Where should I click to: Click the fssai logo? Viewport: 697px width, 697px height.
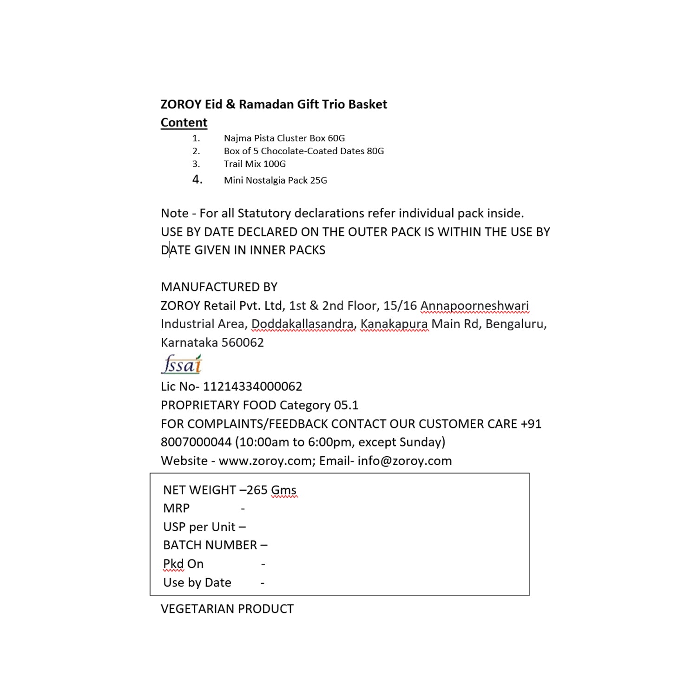182,365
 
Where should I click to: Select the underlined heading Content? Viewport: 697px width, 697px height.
184,123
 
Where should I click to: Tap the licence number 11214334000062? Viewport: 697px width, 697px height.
252,387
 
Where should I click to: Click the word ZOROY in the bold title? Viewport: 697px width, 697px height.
181,104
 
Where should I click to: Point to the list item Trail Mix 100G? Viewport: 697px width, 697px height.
255,164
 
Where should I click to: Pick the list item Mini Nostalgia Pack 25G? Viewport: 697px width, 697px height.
275,180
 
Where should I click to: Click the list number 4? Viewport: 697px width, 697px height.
197,179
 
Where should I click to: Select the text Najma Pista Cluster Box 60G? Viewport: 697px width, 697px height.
284,138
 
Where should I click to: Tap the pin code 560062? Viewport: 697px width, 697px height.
243,342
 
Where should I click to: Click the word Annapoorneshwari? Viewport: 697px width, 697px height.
474,306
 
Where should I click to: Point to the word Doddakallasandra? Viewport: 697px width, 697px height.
303,324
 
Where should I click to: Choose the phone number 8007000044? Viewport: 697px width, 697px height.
196,442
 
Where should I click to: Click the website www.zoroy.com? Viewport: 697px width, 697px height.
265,461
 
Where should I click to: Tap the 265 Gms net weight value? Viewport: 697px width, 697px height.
271,490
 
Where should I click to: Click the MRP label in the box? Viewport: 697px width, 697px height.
177,508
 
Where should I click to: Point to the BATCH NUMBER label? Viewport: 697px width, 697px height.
210,545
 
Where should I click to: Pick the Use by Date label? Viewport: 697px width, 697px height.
197,583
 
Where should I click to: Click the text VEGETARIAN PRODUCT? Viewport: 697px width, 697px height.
227,609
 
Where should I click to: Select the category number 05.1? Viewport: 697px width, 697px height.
346,405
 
